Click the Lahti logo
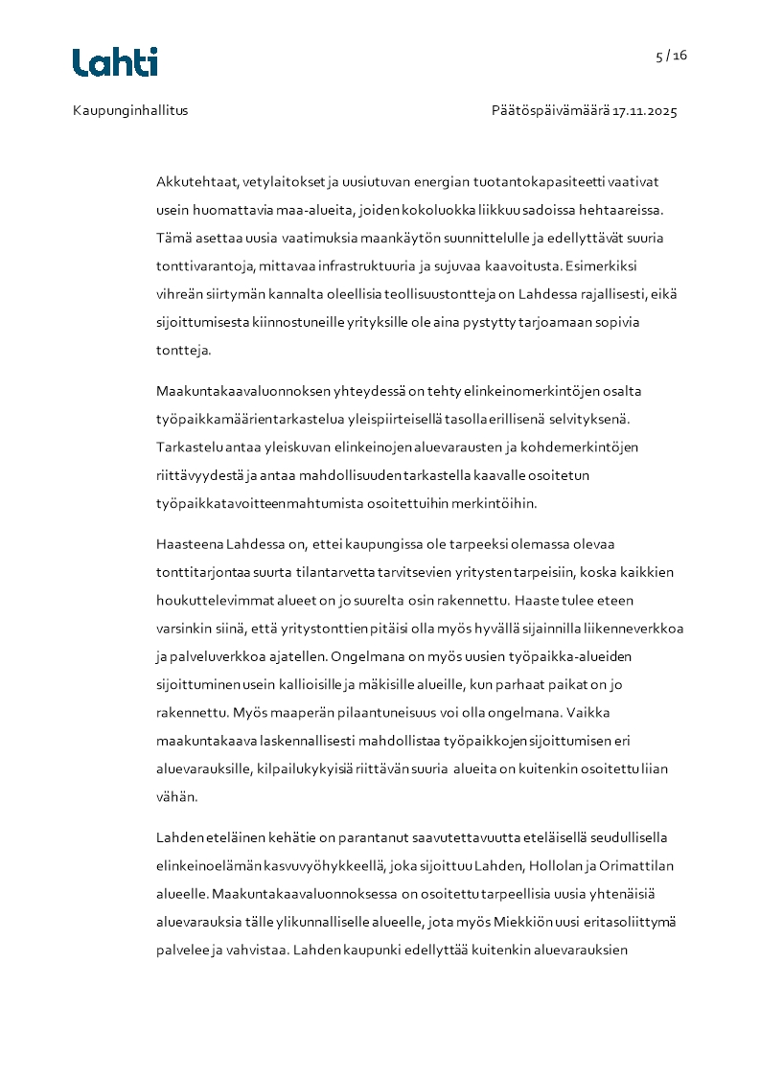pos(115,62)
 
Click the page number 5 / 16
pos(671,56)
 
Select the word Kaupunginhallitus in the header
pos(130,110)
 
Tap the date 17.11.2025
pos(645,110)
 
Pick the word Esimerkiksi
pos(607,265)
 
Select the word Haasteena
pos(189,545)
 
